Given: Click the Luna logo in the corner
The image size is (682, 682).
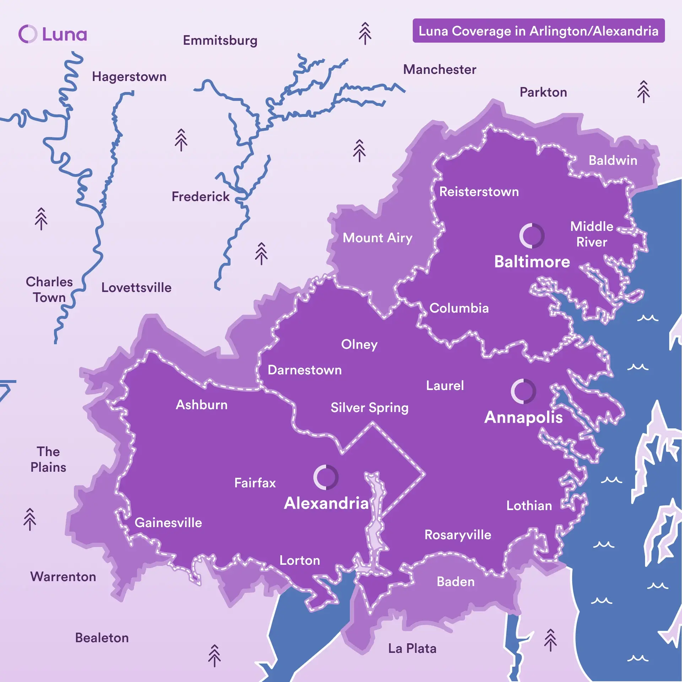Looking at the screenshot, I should pyautogui.click(x=53, y=34).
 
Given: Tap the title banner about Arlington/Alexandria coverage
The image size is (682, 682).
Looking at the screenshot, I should pyautogui.click(x=538, y=31).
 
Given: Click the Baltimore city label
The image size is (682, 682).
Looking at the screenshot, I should pyautogui.click(x=532, y=262).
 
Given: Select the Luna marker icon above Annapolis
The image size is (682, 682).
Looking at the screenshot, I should pyautogui.click(x=523, y=391).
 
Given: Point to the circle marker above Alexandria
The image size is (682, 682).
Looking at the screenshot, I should pyautogui.click(x=326, y=477).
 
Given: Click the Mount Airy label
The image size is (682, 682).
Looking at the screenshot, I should pyautogui.click(x=377, y=238).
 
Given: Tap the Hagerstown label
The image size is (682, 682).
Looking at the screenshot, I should pyautogui.click(x=129, y=77).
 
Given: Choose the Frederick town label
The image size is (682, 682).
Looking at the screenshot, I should pyautogui.click(x=200, y=196).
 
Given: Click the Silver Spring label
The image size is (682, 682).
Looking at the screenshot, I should pyautogui.click(x=369, y=407).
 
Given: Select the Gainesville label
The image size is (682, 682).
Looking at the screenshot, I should pyautogui.click(x=168, y=523).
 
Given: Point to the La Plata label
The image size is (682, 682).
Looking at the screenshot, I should pyautogui.click(x=412, y=648).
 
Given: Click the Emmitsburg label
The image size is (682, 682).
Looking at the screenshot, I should pyautogui.click(x=220, y=40).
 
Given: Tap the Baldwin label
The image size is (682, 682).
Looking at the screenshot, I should pyautogui.click(x=613, y=160).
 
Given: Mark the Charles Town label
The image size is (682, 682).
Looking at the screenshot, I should pyautogui.click(x=49, y=289).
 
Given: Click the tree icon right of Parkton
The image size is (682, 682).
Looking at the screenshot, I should pyautogui.click(x=643, y=92).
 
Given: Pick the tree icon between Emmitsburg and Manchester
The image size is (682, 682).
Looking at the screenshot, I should pyautogui.click(x=365, y=33).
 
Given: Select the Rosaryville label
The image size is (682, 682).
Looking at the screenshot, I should pyautogui.click(x=458, y=535).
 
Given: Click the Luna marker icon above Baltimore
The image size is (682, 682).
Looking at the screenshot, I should pyautogui.click(x=532, y=236).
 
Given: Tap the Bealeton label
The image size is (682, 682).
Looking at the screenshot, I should pyautogui.click(x=102, y=638).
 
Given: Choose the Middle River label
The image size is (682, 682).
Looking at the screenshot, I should pyautogui.click(x=591, y=234).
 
